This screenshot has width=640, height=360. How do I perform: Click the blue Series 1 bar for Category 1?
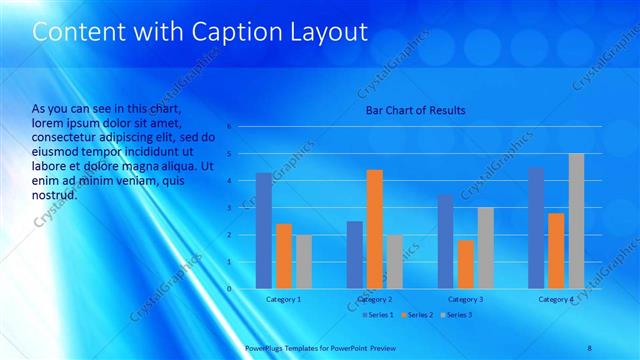[263, 231]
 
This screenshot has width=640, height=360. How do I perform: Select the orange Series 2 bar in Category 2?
[374, 229]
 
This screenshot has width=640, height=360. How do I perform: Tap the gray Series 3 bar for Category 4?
[576, 221]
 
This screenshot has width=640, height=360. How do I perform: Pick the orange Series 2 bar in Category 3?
[465, 264]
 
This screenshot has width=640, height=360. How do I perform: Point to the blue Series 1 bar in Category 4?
[536, 228]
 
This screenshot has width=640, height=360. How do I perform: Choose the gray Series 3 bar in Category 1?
[303, 262]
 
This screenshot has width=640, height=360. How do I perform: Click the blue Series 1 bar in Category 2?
[354, 255]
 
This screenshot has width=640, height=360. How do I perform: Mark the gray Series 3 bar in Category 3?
[485, 248]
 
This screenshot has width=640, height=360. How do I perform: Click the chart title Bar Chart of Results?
[414, 110]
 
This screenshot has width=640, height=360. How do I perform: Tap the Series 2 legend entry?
[417, 314]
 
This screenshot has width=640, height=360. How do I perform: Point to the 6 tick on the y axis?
[229, 127]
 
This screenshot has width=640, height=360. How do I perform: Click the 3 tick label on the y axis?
[229, 208]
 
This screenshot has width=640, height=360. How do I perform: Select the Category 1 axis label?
[283, 299]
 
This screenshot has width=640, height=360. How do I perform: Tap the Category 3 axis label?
[465, 299]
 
